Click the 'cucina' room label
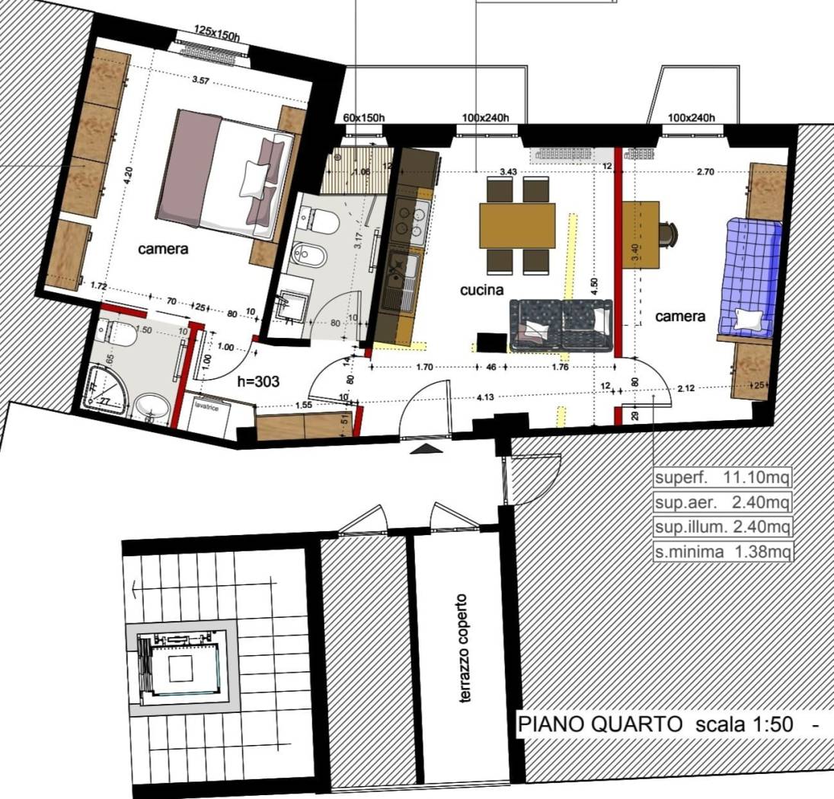(x=482, y=290)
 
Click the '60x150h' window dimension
(x=363, y=118)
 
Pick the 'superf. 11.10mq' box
(x=723, y=479)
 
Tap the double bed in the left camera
(x=225, y=173)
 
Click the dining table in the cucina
(x=517, y=225)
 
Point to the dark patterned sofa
(x=561, y=325)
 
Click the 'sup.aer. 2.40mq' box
(x=723, y=503)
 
